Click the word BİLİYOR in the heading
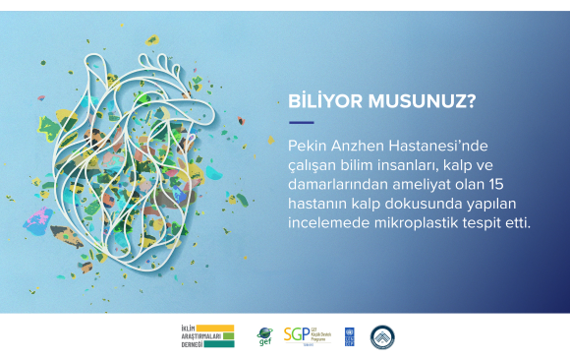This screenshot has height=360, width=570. click(x=319, y=100)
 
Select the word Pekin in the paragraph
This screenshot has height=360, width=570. click(x=305, y=145)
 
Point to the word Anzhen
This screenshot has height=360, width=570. click(x=355, y=145)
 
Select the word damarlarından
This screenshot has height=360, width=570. click(x=331, y=184)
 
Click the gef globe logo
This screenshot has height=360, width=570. click(x=264, y=335)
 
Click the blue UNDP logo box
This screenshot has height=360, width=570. click(x=350, y=335)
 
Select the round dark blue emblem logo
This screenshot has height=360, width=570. click(x=382, y=336)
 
